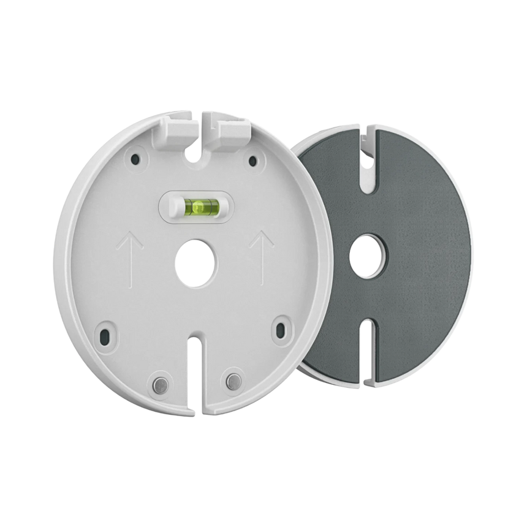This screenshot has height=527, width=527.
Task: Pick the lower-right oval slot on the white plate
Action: pos(281,328)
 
